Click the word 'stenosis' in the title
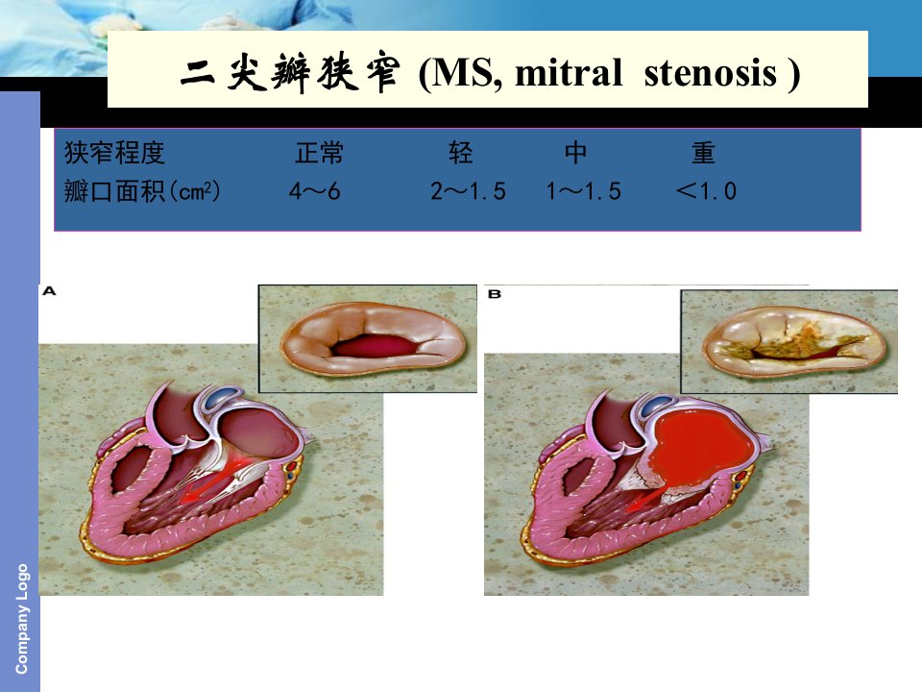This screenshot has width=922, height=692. point(711,73)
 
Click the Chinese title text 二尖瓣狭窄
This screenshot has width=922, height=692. point(290,73)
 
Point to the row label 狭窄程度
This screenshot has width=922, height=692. point(114,153)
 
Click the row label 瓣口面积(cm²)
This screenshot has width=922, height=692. point(142,191)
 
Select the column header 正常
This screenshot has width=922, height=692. point(319,153)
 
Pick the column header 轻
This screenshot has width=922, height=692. point(460,153)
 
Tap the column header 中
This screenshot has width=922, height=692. point(575,153)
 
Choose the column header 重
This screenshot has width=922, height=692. point(703,153)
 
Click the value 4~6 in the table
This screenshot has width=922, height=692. point(315,191)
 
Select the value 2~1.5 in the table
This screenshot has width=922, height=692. point(468,191)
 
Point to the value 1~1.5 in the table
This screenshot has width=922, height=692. point(584,191)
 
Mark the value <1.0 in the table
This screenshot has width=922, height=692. point(706,191)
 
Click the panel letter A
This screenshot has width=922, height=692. point(49,290)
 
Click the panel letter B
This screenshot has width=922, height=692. point(495,294)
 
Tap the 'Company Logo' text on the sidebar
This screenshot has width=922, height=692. point(21,619)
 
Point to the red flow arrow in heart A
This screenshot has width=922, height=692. point(211,482)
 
